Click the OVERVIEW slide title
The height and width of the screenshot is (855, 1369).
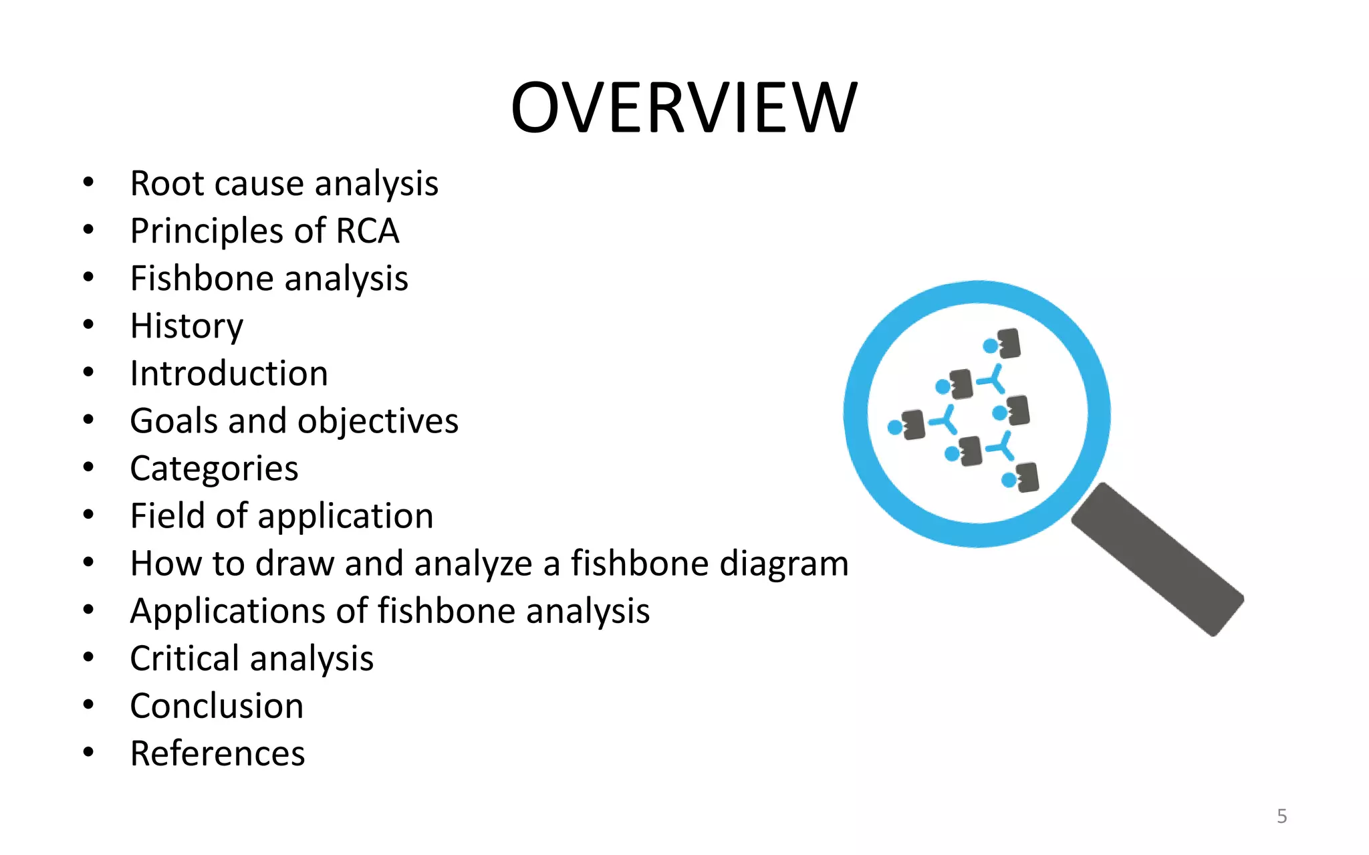tap(683, 108)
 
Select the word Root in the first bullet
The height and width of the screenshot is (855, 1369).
tap(167, 184)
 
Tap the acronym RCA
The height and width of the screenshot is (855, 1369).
tap(367, 231)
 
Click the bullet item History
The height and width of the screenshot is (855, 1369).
tap(186, 326)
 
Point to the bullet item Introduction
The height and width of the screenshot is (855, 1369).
tap(229, 374)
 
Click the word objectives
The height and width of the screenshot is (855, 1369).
tap(378, 421)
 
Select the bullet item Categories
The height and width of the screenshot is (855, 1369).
tap(214, 469)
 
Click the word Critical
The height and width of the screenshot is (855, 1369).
tap(184, 658)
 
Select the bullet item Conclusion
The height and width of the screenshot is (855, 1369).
tap(217, 706)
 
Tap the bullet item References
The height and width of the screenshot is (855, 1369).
tap(217, 753)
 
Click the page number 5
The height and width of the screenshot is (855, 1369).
tap(1281, 816)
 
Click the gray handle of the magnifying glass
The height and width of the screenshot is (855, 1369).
tap(1158, 559)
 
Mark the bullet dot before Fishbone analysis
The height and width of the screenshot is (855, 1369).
tap(89, 277)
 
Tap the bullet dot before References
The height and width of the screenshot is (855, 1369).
tap(89, 753)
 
